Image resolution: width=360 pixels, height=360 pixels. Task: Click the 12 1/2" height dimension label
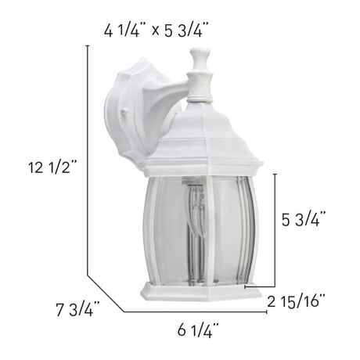click(x=52, y=167)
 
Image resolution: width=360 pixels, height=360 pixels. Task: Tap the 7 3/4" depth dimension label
click(x=77, y=309)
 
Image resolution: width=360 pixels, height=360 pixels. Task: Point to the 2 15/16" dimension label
click(x=296, y=302)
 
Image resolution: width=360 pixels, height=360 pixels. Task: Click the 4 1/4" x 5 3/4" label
click(x=157, y=31)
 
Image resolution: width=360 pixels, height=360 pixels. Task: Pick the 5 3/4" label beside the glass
click(x=304, y=219)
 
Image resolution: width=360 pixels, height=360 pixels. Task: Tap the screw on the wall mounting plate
click(x=124, y=113)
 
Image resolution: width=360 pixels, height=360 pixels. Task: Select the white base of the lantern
click(x=201, y=292)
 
